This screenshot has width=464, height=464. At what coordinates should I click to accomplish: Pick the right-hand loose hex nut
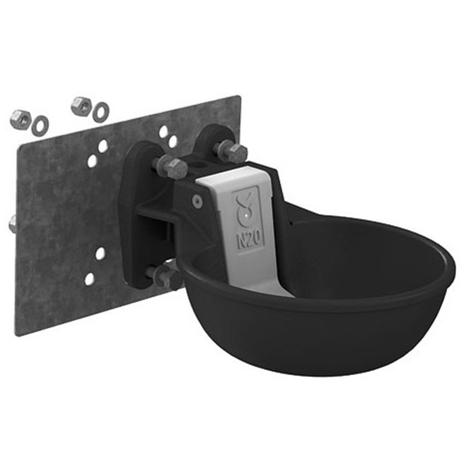point(82,105)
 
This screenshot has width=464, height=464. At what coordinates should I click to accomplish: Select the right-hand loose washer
point(101,111)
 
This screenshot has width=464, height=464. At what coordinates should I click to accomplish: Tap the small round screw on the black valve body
point(197,201)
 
